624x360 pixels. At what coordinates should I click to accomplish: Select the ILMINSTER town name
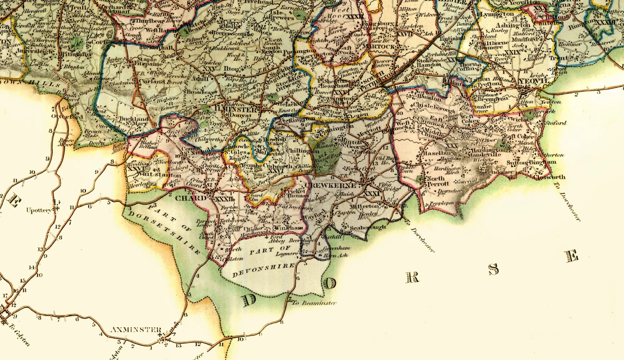235,109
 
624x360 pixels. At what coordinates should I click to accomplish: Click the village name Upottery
40,210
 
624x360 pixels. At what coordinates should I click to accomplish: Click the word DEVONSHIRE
263,270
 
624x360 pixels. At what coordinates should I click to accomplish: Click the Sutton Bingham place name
531,162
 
